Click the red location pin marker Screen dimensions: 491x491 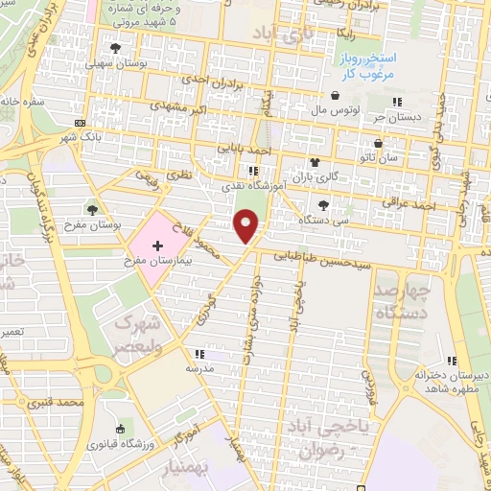[247, 225]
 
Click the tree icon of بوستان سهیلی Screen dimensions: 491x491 [116, 48]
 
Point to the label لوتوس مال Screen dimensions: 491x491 [342, 109]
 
